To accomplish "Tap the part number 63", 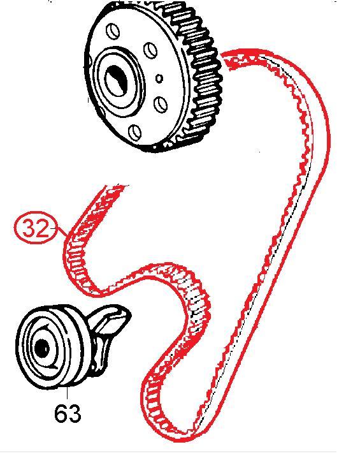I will tap(68, 413).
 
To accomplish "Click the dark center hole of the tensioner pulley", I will tap(41, 348).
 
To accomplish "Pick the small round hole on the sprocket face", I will tap(159, 78).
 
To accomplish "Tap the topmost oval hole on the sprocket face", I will tap(114, 31).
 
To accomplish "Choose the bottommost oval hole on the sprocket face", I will tap(135, 132).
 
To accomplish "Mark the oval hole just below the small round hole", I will tap(160, 103).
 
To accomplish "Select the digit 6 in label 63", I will tap(61, 413).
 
